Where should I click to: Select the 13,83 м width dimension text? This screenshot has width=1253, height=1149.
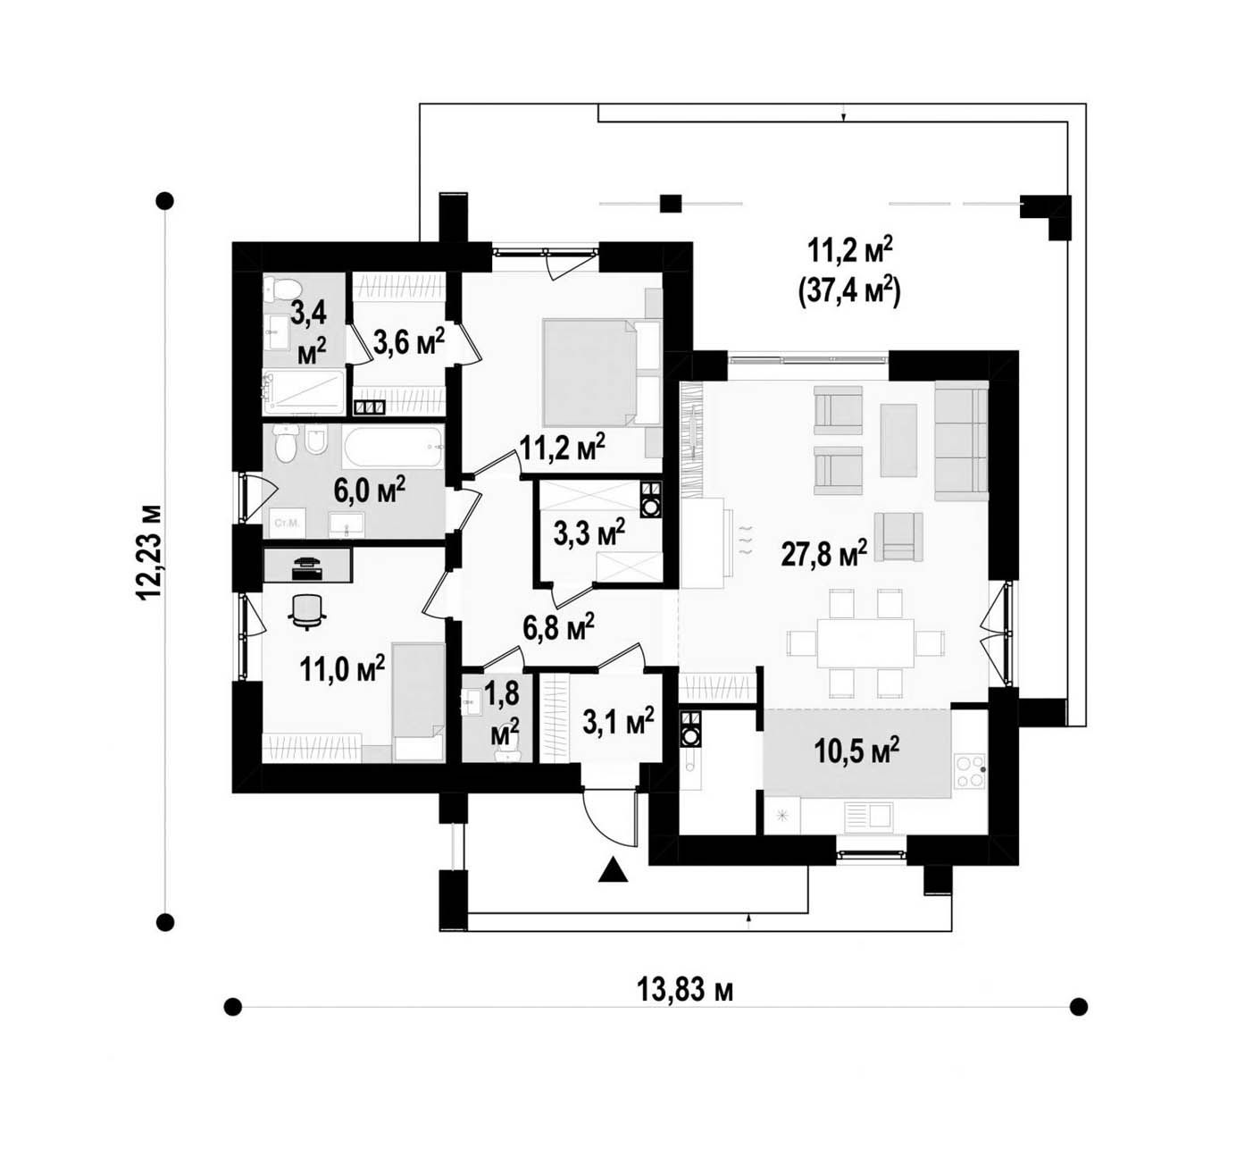(685, 991)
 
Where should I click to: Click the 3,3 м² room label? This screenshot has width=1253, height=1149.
(589, 534)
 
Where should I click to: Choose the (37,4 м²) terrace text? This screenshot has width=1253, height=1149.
(850, 292)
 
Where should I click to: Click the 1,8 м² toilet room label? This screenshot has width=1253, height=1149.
(505, 711)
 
